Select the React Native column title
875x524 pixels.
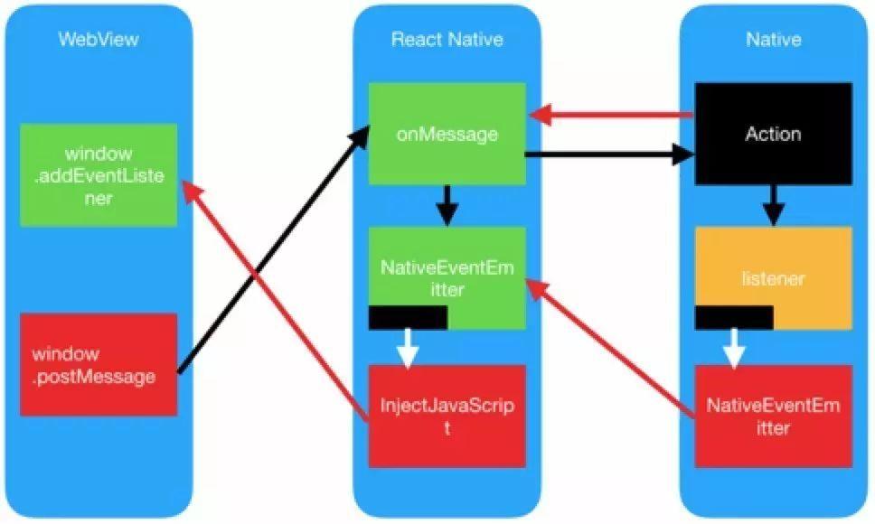(447, 40)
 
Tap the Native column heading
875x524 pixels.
(774, 40)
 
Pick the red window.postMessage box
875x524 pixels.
(97, 365)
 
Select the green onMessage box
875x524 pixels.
(447, 134)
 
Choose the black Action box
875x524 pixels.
(774, 134)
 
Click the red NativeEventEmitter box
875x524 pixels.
(774, 416)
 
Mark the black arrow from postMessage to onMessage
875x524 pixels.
(271, 253)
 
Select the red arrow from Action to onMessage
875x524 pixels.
(615, 115)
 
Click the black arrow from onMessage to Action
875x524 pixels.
(606, 155)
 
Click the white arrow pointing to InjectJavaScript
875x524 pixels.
(408, 349)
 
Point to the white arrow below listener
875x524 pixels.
(734, 349)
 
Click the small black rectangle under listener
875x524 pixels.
(734, 317)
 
